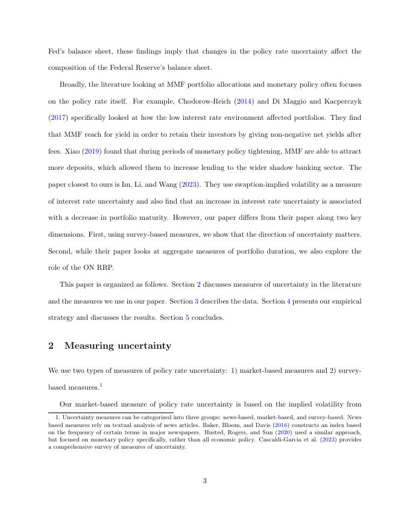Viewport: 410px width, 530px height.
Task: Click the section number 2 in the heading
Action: [x=51, y=346]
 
